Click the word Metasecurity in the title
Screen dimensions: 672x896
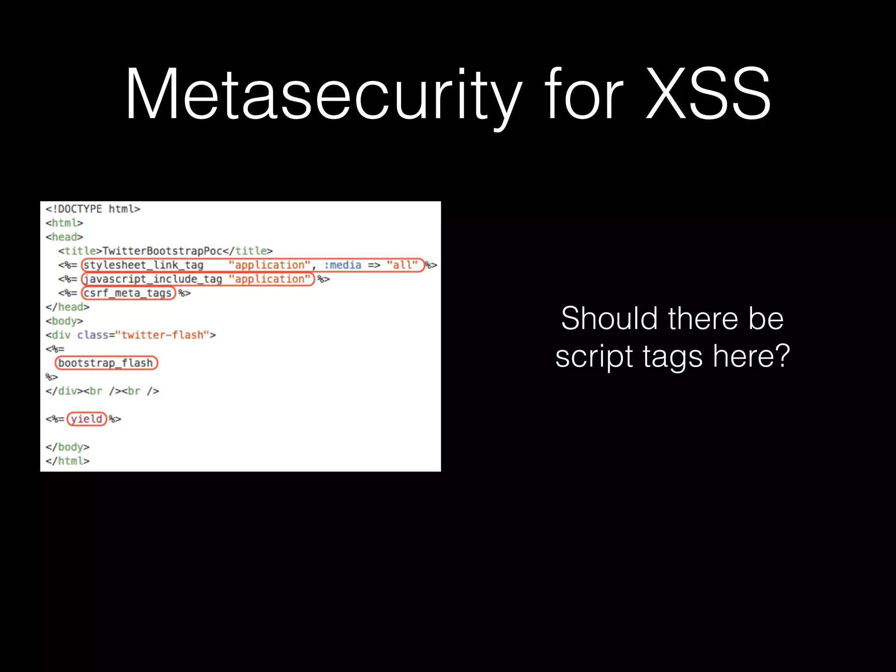[x=323, y=94]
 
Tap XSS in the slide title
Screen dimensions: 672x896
[x=708, y=94]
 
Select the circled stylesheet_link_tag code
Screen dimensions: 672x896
[x=143, y=265]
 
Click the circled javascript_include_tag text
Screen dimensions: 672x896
[x=153, y=279]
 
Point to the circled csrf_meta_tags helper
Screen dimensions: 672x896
[x=128, y=293]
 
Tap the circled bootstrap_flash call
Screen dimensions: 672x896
[x=106, y=363]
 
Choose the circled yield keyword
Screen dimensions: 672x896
[x=87, y=419]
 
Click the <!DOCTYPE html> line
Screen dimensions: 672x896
[x=93, y=209]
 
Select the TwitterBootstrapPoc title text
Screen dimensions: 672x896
[x=162, y=251]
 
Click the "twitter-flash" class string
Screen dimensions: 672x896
[x=162, y=335]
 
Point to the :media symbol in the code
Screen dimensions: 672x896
[x=343, y=265]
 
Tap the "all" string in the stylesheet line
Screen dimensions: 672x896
[x=402, y=265]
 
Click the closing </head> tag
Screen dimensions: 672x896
[x=67, y=307]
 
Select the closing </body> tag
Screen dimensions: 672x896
[x=67, y=447]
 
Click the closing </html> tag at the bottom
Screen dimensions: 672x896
[x=67, y=461]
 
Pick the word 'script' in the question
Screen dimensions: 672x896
[x=593, y=356]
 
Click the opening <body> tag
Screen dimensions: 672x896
[x=64, y=321]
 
